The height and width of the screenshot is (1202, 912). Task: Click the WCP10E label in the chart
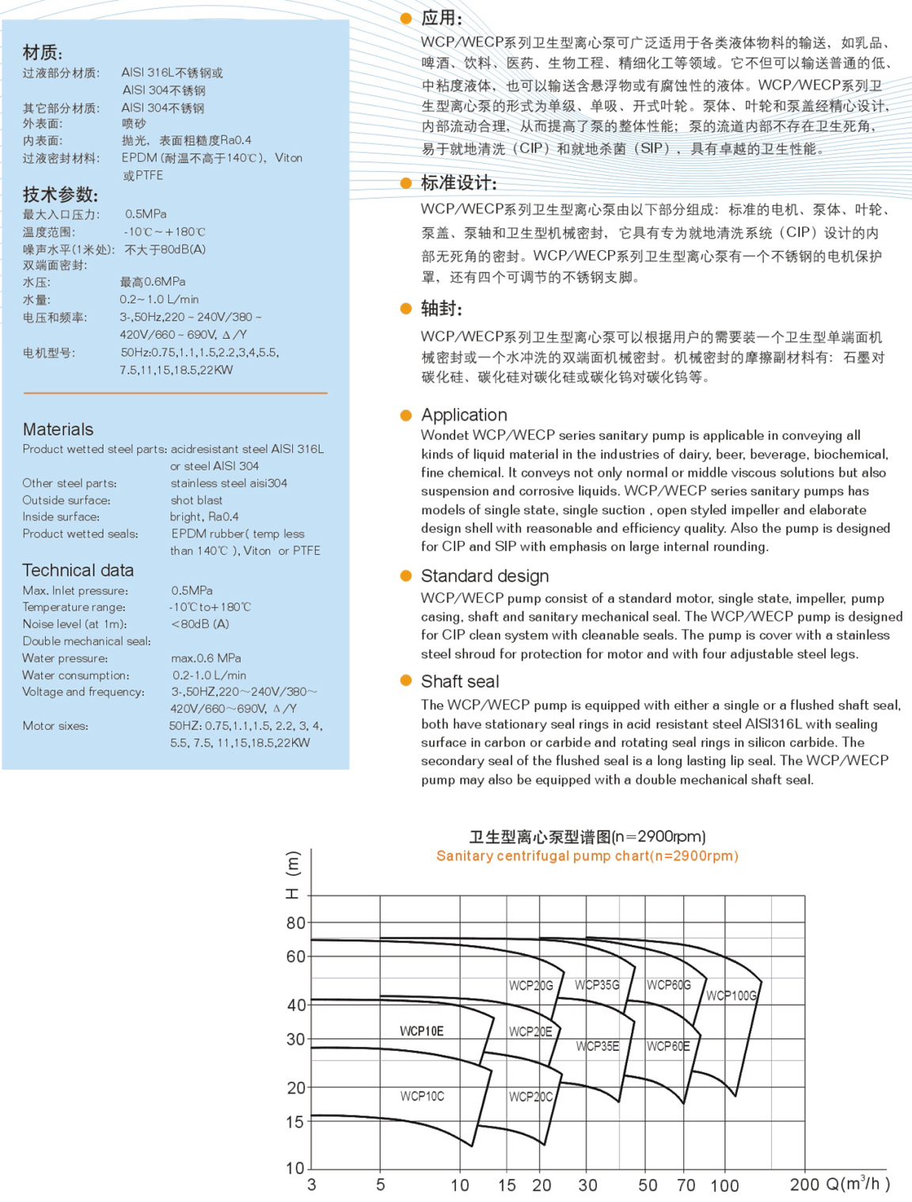(x=421, y=1031)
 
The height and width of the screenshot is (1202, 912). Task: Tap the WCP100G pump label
(x=731, y=995)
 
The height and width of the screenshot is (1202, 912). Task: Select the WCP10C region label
(x=422, y=1096)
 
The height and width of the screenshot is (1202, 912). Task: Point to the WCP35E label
(x=598, y=1046)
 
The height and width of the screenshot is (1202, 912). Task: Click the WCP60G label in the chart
(x=669, y=985)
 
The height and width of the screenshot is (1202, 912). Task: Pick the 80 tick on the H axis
(x=295, y=922)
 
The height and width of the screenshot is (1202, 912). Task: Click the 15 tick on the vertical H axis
(x=294, y=1121)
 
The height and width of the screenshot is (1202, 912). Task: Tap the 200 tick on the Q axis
(x=804, y=1185)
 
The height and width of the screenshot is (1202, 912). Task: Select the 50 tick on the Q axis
(x=648, y=1185)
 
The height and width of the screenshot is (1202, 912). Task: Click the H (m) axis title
(x=293, y=875)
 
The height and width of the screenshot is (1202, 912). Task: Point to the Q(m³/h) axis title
(x=858, y=1184)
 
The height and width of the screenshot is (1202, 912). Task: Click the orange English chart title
(x=587, y=856)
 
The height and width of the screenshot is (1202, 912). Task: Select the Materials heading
(x=58, y=429)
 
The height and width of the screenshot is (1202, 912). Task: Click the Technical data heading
(x=78, y=570)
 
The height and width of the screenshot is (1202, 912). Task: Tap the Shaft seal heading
(x=460, y=681)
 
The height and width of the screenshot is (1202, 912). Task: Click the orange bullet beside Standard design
(x=406, y=576)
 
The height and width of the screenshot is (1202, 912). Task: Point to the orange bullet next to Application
(x=406, y=415)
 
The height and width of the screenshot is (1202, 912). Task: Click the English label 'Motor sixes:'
(x=55, y=726)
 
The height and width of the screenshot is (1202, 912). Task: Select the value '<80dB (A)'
(x=200, y=624)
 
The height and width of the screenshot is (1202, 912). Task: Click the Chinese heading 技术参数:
(x=60, y=195)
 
